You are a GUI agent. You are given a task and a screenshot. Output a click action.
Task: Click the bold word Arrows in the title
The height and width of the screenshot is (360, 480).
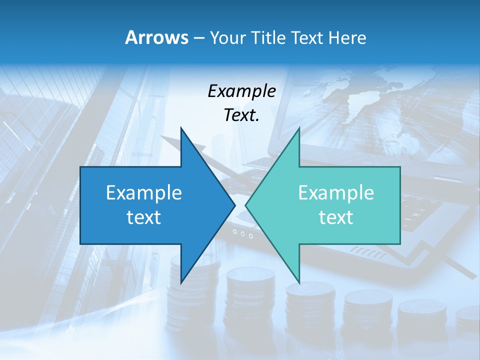pos(157,37)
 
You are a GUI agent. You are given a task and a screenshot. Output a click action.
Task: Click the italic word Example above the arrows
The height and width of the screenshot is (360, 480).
pos(241,91)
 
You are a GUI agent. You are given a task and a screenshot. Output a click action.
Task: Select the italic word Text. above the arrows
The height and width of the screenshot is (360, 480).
pos(241,115)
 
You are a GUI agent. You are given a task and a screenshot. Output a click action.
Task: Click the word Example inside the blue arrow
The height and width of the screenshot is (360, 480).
pos(143,192)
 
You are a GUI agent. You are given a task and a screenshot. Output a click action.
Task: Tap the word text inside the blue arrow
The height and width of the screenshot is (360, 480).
pos(143,217)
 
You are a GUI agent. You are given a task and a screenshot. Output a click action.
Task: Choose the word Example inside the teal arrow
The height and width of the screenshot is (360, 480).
pos(336,192)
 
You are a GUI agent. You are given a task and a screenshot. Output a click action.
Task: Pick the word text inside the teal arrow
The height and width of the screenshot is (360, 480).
pos(336,217)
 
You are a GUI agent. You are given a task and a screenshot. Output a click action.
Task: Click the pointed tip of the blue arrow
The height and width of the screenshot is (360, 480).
pos(234,205)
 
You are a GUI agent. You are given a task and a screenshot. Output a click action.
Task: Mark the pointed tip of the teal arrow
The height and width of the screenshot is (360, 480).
pos(245,205)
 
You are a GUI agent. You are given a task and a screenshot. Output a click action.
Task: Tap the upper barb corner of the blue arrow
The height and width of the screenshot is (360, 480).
pos(181,128)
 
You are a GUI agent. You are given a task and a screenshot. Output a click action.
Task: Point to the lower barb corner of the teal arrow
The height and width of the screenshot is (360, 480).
pos(299,282)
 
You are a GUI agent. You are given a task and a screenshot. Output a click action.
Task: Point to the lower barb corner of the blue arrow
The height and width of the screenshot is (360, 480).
pos(181,282)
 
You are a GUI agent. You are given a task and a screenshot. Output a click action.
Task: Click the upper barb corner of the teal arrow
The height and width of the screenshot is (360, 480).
pos(299,128)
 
